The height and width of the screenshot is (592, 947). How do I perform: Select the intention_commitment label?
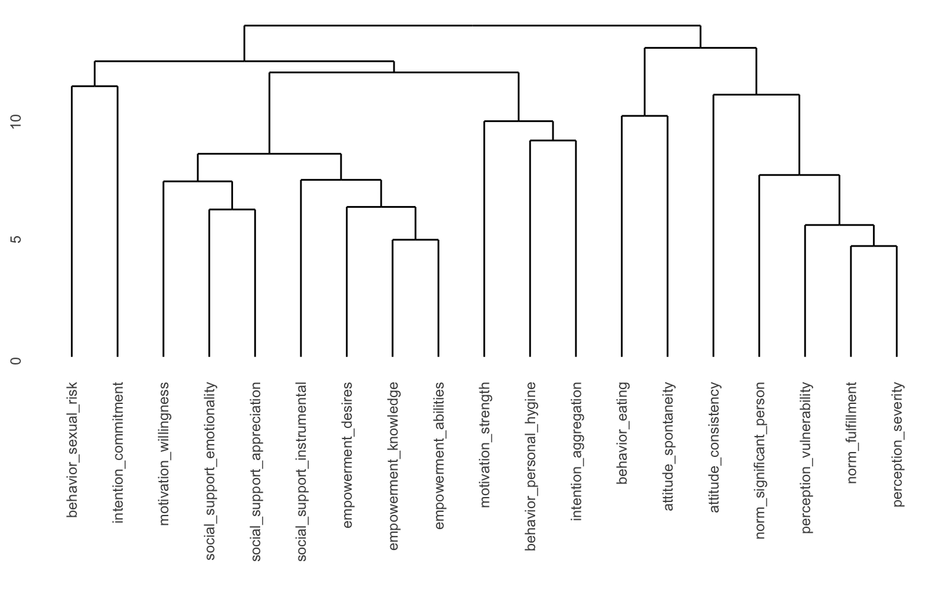tap(118, 452)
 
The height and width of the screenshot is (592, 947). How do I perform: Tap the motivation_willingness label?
tap(164, 453)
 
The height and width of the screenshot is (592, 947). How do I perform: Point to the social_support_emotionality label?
tap(210, 471)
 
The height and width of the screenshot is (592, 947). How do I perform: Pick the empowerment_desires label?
tap(348, 455)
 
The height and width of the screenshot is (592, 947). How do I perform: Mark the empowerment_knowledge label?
tap(393, 466)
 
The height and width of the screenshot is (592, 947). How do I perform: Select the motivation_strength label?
tap(485, 445)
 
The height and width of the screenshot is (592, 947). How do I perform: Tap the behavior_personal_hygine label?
tap(531, 466)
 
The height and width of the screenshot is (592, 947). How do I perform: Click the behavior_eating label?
tap(623, 433)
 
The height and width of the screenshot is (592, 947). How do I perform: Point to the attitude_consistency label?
tap(715, 447)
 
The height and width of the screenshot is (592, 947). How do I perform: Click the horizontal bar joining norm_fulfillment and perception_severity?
tap(874, 246)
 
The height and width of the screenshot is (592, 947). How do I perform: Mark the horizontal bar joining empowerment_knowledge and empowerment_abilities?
tap(416, 240)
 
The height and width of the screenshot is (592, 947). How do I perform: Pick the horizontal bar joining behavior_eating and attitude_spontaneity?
tap(644, 116)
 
